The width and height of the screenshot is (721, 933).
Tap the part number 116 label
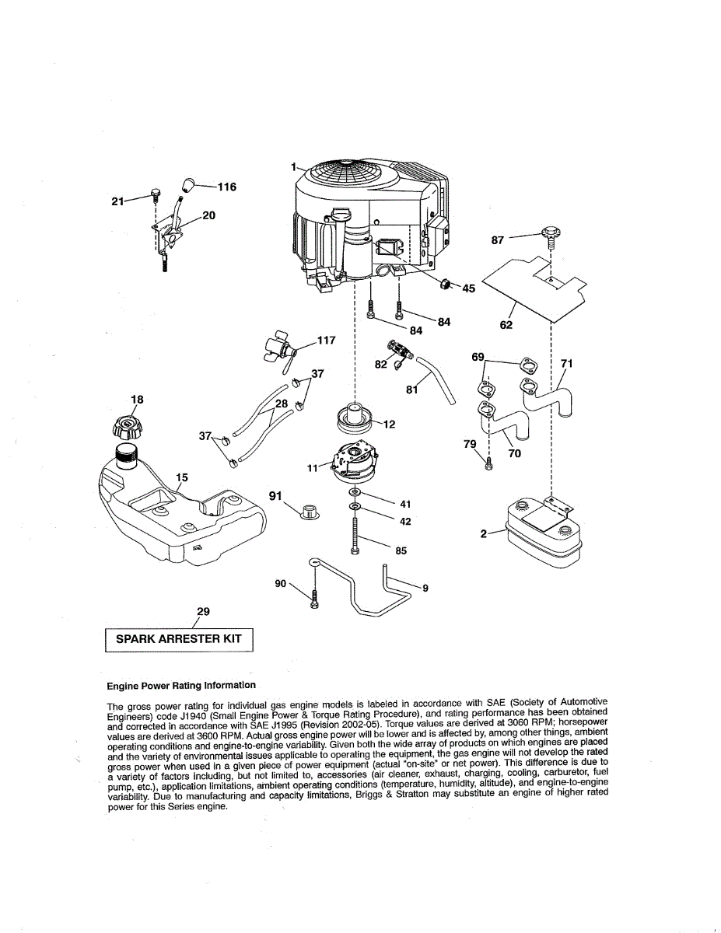coord(226,187)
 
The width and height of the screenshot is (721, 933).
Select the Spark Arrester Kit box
coord(179,639)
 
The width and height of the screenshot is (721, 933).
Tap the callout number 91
coord(274,495)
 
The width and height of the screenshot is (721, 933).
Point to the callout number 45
coord(468,288)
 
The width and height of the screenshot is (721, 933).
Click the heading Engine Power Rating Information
coord(180,685)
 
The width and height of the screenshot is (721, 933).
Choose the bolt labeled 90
coord(313,599)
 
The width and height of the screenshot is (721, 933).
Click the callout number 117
coord(326,340)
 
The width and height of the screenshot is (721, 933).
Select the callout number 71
coord(567,363)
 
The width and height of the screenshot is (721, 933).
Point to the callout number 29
coord(203,611)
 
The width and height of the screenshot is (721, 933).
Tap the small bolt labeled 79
coord(488,464)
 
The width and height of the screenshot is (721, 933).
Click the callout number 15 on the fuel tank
coord(182,477)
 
